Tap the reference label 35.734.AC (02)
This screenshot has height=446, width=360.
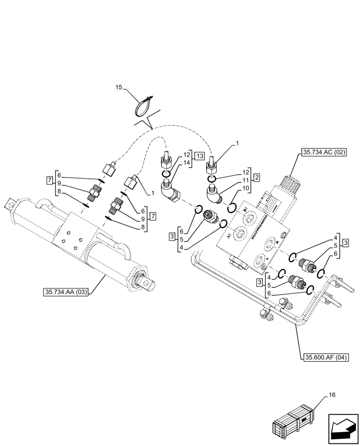(x=324, y=152)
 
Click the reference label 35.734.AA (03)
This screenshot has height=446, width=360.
(x=66, y=292)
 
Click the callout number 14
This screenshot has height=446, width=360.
(x=187, y=163)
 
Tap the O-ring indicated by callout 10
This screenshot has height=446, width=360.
(x=232, y=207)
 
